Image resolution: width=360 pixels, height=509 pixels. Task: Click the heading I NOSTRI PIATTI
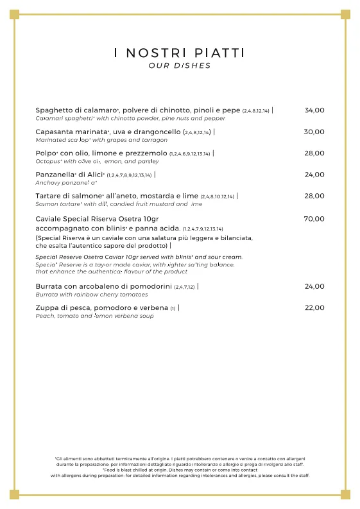pos(179,53)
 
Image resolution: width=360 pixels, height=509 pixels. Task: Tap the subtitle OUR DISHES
pos(179,65)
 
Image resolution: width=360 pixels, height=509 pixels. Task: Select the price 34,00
pos(314,110)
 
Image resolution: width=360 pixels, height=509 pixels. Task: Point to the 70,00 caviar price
pos(314,219)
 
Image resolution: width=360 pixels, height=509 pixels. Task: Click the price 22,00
pos(314,308)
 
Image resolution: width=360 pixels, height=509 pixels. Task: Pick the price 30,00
pos(314,132)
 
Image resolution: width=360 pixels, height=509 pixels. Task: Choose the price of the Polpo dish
pos(314,153)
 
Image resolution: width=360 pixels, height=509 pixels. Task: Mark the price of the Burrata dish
pos(314,286)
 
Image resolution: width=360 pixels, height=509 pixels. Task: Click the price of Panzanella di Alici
pos(314,175)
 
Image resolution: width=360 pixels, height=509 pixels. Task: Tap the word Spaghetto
pos(54,110)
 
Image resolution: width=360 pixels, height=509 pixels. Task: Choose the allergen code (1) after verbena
pos(173,309)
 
